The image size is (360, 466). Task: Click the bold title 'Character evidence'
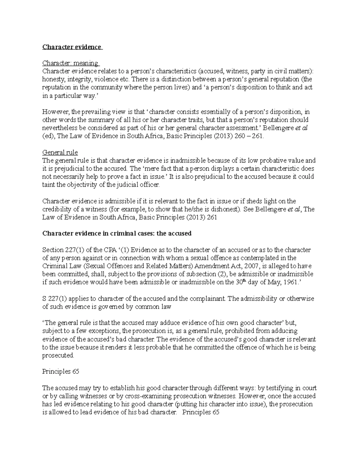pos(72,47)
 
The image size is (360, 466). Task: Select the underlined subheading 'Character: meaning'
pos(70,63)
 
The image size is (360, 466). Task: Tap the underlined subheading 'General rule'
pos(60,152)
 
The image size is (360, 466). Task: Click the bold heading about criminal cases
pos(117,233)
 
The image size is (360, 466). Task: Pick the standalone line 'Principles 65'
pos(61,371)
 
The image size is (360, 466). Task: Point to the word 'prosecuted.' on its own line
pos(58,355)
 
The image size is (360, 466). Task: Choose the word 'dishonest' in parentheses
pos(225,209)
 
